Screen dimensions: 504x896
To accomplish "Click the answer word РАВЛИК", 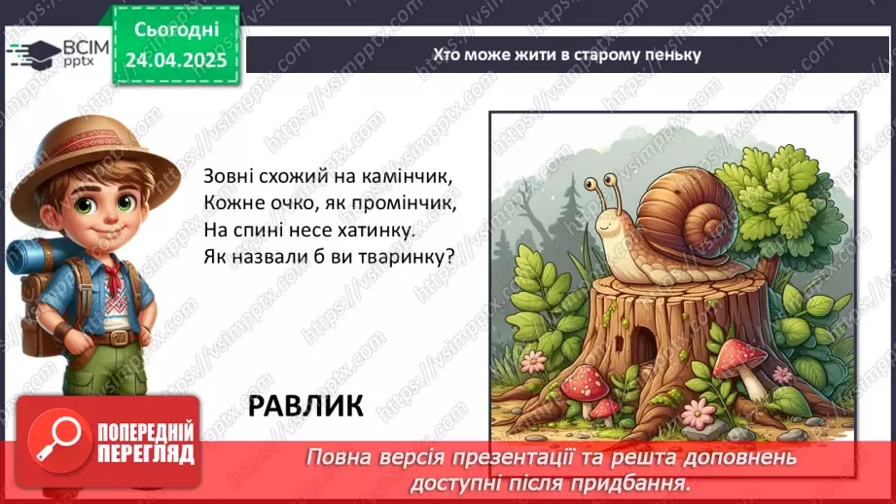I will (x=305, y=405).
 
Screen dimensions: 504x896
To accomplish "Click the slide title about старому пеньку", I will (x=566, y=54).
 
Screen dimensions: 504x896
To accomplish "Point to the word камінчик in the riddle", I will (x=409, y=178).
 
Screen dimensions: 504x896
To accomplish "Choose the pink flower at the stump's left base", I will (x=535, y=361).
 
